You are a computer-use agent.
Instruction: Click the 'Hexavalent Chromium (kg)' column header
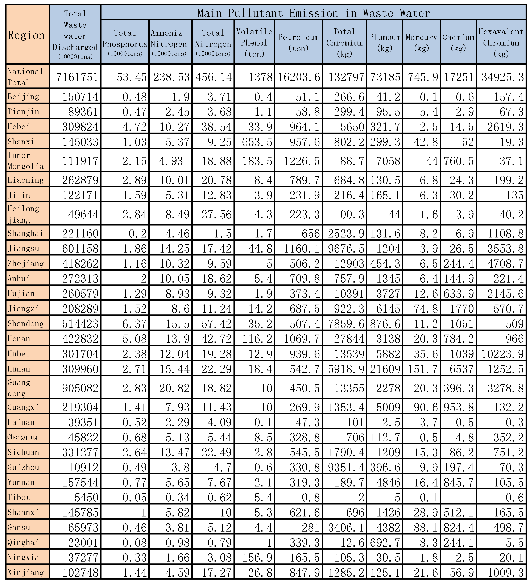(501, 43)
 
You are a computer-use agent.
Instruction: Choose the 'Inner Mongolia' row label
(26, 161)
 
